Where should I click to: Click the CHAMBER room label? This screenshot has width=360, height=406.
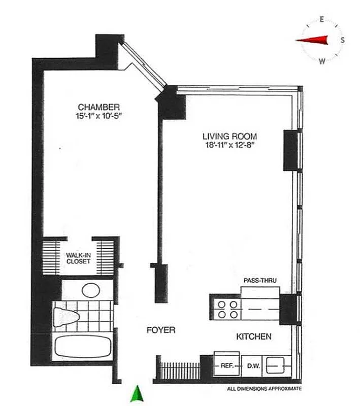tap(99, 107)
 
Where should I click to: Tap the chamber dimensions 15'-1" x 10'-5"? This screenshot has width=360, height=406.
tap(99, 116)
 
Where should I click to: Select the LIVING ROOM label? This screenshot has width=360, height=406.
tap(230, 136)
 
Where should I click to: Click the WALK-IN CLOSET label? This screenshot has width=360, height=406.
tap(78, 258)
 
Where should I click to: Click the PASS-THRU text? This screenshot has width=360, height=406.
tap(259, 280)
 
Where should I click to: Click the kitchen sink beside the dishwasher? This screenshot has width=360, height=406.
tap(277, 364)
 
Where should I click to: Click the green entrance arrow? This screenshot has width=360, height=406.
tap(136, 393)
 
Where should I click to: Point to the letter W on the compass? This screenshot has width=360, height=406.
tap(322, 61)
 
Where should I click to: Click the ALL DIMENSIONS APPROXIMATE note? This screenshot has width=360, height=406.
tap(264, 389)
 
